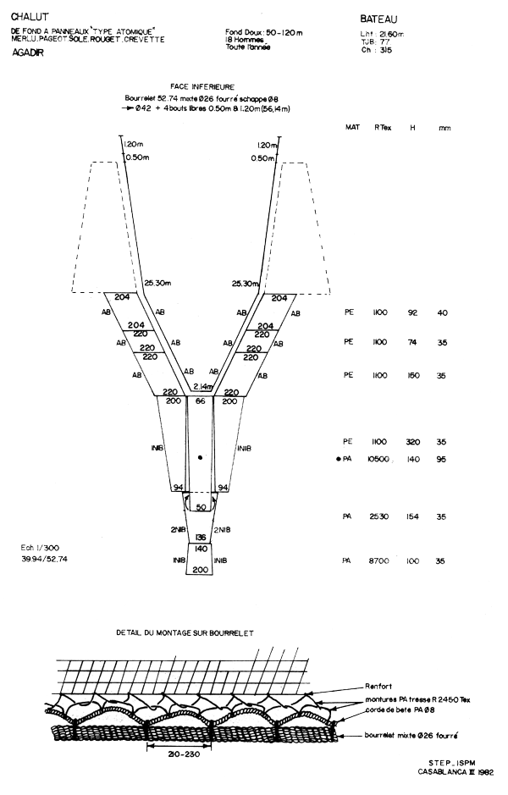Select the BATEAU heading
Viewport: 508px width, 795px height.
pos(378,18)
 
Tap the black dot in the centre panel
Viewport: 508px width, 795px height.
pos(200,457)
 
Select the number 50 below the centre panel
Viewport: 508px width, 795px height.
pos(200,507)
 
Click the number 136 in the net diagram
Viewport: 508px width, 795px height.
pos(200,538)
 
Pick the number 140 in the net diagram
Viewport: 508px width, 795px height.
pos(200,549)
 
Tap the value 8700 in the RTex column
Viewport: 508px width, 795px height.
pos(378,561)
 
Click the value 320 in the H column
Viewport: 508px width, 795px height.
pos(412,441)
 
